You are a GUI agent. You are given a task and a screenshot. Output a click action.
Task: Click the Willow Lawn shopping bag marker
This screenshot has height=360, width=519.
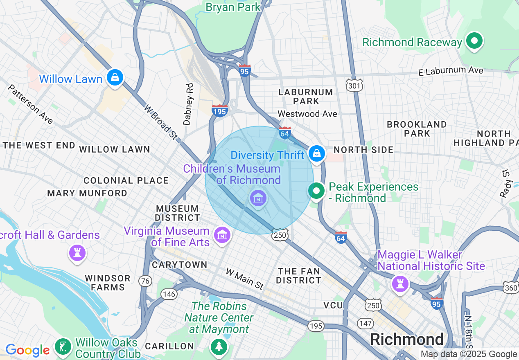pos(115,77)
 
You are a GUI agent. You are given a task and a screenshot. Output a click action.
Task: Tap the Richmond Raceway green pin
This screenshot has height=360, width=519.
pos(474,41)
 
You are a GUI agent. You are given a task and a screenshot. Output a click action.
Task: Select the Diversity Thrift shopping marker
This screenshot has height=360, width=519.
pos(317,153)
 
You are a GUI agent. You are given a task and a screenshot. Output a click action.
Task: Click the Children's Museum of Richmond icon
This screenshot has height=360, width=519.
pos(258,199)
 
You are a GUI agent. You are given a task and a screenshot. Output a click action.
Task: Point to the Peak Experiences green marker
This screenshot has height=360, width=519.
pos(316,191)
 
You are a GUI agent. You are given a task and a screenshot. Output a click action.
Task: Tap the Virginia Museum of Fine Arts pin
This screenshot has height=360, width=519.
pos(222,235)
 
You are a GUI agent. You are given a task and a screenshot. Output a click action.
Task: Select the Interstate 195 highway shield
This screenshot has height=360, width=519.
pos(220,110)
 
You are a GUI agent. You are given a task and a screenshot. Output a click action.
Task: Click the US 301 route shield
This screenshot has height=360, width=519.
pos(353,85)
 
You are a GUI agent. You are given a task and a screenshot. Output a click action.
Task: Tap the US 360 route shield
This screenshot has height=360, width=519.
pos(511,288)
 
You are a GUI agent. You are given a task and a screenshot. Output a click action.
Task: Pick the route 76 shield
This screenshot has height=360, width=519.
pos(145,281)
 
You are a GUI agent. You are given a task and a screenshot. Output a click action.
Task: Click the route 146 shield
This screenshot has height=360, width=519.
pos(169,294)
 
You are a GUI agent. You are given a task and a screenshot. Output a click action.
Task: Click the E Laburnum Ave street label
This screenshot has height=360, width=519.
pos(451,71)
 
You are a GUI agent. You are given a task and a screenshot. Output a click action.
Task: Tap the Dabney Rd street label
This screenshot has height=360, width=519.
pos(188,104)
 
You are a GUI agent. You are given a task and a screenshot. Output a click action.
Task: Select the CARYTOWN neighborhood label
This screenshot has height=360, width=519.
pos(180,265)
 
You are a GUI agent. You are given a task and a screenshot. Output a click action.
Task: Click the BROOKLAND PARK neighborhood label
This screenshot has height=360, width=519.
pos(417,128)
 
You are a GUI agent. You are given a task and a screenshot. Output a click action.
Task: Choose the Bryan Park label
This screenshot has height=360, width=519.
pos(233,7)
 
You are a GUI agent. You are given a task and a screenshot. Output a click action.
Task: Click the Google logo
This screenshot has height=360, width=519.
pos(27,351)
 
